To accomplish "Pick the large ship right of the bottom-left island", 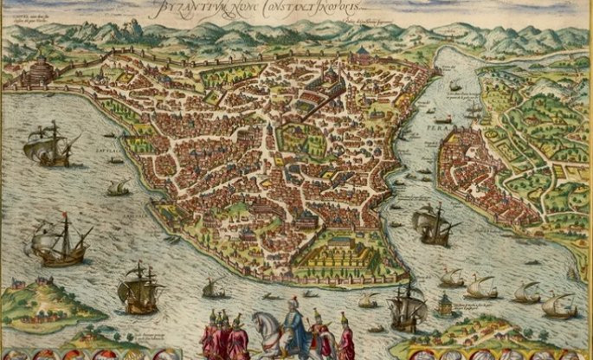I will [139, 289].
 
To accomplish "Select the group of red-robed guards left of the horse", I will [223, 337].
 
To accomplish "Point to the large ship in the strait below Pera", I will [435, 226].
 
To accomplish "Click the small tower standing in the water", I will [445, 303].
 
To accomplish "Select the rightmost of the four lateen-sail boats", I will [558, 305].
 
